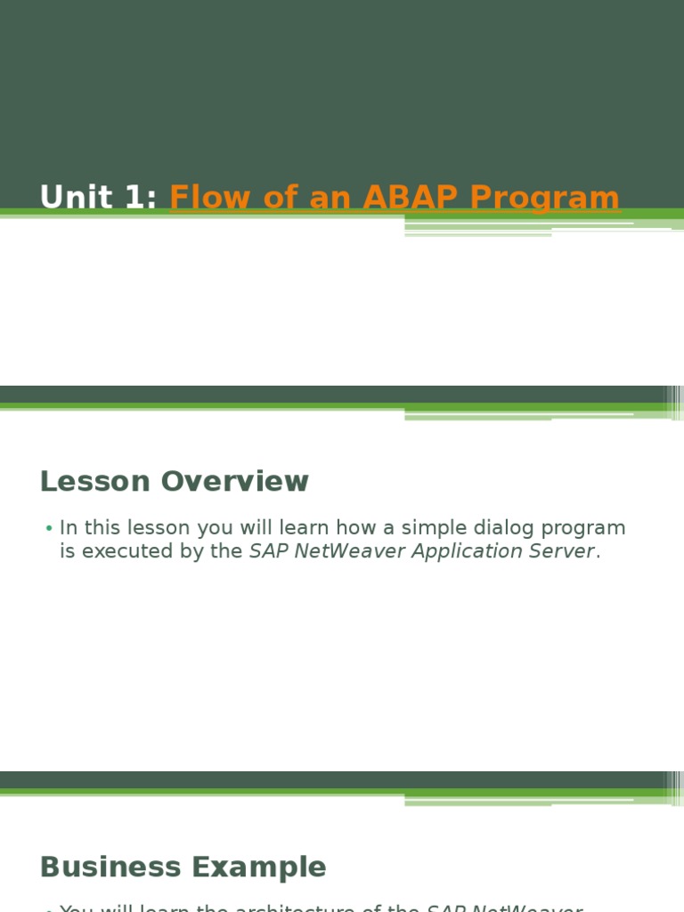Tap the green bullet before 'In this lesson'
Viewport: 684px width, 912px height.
[49, 529]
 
